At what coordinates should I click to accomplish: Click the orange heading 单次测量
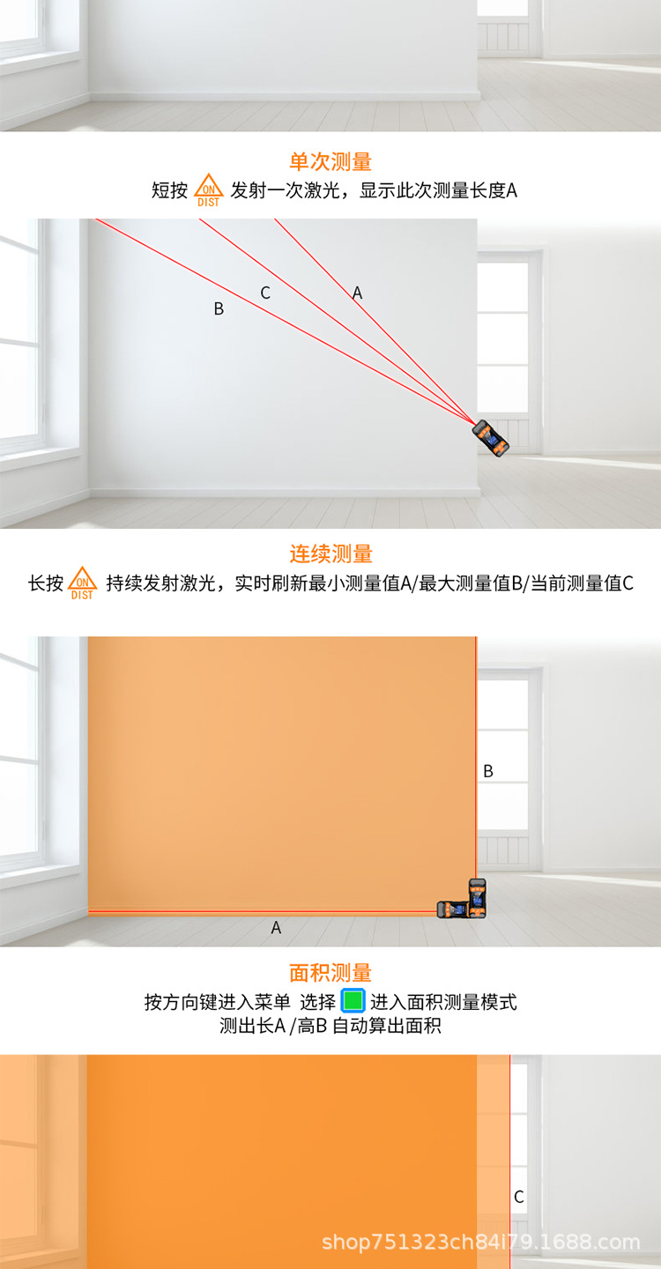click(x=330, y=162)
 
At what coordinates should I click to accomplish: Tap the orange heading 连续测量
click(x=330, y=553)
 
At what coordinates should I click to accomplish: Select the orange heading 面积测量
click(x=330, y=973)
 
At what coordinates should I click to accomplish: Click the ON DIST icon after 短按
click(x=209, y=190)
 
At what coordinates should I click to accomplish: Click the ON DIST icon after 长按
click(x=82, y=583)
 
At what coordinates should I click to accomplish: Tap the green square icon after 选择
click(x=353, y=1000)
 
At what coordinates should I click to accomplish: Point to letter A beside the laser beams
click(x=357, y=293)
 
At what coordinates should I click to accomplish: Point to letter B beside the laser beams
click(x=219, y=308)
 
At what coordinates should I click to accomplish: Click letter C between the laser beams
click(x=265, y=293)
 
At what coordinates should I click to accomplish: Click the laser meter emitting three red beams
click(x=491, y=438)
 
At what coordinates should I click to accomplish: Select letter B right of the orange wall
click(x=488, y=771)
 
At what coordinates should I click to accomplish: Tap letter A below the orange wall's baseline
click(x=276, y=927)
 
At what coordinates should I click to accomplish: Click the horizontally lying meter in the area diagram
click(x=454, y=909)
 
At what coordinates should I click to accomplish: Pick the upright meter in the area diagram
click(x=478, y=897)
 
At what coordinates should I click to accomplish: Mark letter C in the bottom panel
click(x=519, y=1197)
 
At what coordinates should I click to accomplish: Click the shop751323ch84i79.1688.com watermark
click(x=481, y=1242)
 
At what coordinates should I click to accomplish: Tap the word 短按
click(x=169, y=190)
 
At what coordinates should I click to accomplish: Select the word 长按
click(x=46, y=583)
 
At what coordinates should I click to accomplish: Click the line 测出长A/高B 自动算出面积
click(x=330, y=1026)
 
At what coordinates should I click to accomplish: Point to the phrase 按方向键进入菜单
click(x=218, y=1002)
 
